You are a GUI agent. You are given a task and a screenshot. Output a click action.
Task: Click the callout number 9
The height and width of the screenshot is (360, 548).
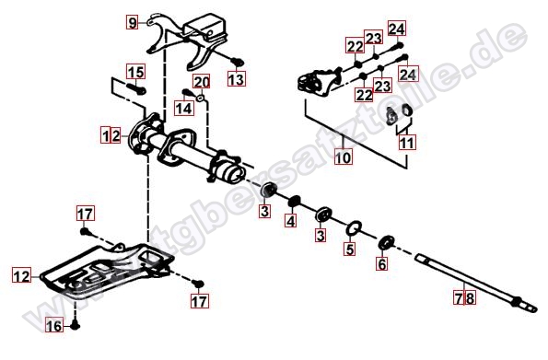pos(132,23)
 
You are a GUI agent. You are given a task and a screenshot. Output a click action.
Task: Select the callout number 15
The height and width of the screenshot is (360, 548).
pos(136,73)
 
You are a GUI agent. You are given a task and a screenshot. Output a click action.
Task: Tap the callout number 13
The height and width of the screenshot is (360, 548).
pos(237,79)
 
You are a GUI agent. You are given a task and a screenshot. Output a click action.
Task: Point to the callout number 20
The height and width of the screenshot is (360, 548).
pos(202,82)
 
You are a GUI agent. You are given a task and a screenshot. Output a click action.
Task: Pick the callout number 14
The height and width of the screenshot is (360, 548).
pos(184,108)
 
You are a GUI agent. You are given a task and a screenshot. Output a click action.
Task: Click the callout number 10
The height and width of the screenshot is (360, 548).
pos(344,157)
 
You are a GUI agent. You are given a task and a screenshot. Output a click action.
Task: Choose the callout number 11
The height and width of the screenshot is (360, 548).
pos(407,143)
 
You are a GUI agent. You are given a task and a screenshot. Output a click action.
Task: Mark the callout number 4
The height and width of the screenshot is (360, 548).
pos(291,221)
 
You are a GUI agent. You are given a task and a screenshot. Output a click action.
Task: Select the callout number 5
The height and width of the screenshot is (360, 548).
pos(350,250)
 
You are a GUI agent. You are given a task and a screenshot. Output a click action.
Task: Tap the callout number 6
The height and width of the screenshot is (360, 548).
pos(382,264)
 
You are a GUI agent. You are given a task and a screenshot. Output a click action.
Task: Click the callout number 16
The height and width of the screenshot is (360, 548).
pos(54,326)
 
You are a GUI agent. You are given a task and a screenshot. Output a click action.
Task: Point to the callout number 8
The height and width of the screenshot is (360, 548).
pos(471,298)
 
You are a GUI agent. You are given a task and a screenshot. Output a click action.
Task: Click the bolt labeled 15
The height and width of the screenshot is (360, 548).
pos(136,88)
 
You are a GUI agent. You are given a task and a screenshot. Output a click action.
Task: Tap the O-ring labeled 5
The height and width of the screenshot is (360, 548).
pos(354,229)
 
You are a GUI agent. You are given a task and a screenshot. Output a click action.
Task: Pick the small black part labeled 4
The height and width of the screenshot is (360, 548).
pos(294,202)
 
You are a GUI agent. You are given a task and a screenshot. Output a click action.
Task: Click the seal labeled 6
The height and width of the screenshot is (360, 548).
pos(386,243)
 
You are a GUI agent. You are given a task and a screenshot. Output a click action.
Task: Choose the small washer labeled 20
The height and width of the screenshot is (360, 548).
pos(200,98)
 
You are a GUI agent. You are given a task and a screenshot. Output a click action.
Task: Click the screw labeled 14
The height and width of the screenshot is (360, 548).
pos(188,93)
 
